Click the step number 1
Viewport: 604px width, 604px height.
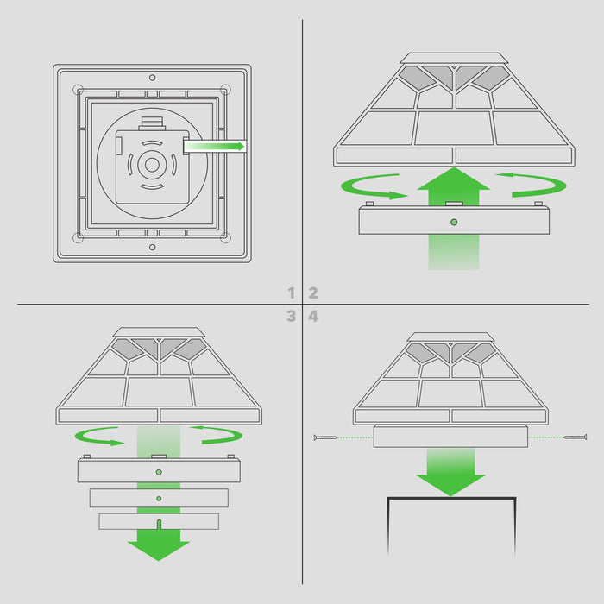pyautogui.click(x=292, y=293)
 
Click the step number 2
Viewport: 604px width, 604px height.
pyautogui.click(x=313, y=293)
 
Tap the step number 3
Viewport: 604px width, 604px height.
pyautogui.click(x=292, y=317)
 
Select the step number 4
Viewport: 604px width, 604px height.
pyautogui.click(x=313, y=317)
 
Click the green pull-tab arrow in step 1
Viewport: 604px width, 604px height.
pyautogui.click(x=214, y=146)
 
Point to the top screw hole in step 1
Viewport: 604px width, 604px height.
pyautogui.click(x=153, y=78)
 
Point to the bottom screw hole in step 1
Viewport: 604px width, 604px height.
pyautogui.click(x=153, y=248)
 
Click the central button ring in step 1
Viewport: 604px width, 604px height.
pyautogui.click(x=152, y=166)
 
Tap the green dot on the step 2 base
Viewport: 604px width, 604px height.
pyautogui.click(x=454, y=223)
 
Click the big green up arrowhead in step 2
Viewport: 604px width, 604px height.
pyautogui.click(x=454, y=179)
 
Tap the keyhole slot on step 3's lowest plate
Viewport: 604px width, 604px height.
pyautogui.click(x=159, y=525)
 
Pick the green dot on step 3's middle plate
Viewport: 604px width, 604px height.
pyautogui.click(x=159, y=499)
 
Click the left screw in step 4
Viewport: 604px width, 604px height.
pyautogui.click(x=325, y=437)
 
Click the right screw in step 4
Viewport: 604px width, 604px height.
pyautogui.click(x=576, y=437)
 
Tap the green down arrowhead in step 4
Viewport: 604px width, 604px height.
pyautogui.click(x=450, y=485)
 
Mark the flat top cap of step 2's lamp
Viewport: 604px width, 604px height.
pyautogui.click(x=454, y=58)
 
